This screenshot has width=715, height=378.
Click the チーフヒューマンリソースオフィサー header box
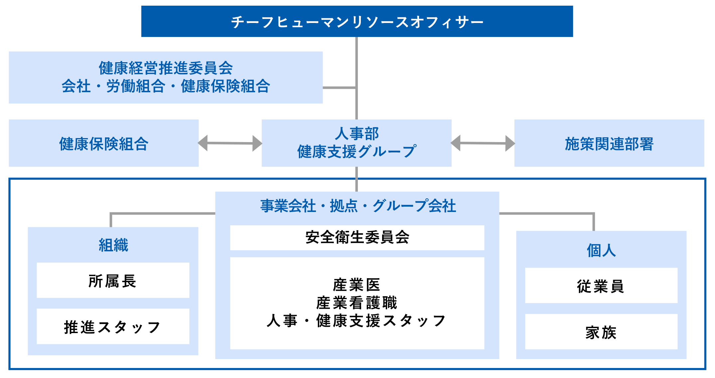(357, 21)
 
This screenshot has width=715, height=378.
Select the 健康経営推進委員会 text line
(166, 68)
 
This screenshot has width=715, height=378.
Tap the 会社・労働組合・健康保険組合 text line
(166, 86)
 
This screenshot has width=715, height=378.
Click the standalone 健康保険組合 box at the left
(103, 143)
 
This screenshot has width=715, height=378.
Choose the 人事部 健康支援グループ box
(357, 143)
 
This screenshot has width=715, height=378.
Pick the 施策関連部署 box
(609, 143)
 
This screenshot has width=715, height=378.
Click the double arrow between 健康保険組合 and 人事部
(230, 143)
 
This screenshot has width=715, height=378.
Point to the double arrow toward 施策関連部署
(483, 143)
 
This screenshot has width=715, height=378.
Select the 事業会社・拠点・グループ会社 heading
(357, 206)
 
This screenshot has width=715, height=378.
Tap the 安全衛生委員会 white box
(357, 238)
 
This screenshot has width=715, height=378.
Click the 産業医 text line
(357, 285)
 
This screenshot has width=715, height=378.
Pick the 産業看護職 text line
(357, 303)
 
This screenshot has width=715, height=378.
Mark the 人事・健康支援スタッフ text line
(357, 321)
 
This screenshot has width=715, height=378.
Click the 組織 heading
(113, 245)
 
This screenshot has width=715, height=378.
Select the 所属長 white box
(113, 281)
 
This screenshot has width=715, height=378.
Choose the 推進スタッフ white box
(113, 326)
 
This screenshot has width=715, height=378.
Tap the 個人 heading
(601, 250)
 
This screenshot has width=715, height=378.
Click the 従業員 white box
(601, 285)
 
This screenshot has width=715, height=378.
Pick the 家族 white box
(601, 332)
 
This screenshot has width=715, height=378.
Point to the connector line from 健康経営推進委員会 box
(339, 88)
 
